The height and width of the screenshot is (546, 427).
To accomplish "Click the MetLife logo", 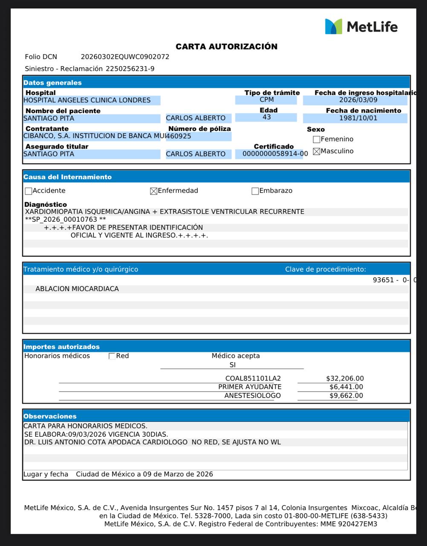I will pos(361,26).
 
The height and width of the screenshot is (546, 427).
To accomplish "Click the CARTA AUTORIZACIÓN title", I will pos(226,46).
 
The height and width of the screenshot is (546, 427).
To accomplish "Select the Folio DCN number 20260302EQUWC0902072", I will pos(125,57).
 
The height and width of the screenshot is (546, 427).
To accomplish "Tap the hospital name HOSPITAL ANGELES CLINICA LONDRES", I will pos(87,100).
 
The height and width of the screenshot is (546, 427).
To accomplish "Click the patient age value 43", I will pos(267,117).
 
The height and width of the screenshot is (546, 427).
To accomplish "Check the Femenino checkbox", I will pos(316,139).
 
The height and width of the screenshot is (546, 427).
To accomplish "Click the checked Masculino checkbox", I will pos(316,151).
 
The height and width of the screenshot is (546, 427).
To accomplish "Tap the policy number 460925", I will pos(179,136).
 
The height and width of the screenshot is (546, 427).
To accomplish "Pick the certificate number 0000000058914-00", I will pos(275,154).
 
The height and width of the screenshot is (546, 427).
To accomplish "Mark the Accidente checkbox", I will pos(29,191).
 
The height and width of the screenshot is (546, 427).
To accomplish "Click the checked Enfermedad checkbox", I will pos(154,191).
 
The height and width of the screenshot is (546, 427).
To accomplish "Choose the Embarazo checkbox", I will pos(255,191).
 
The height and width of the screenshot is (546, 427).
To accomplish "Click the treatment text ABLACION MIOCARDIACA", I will pos(77,289).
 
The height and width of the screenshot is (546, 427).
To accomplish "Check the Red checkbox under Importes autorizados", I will pos(112,356).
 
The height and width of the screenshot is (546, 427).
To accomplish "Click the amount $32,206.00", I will pos(345,378).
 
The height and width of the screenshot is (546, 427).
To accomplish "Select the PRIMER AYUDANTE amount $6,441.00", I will pos(346,387).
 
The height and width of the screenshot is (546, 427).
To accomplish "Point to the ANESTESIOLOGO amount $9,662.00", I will pos(346,395).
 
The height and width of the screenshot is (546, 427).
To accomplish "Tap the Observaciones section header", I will pos(50,416).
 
